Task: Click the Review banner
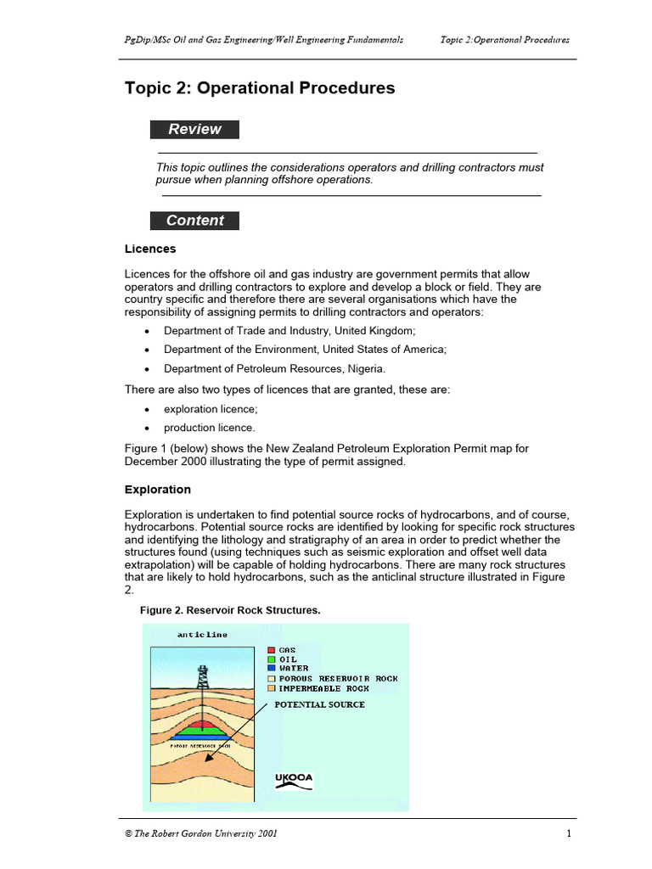pyautogui.click(x=194, y=130)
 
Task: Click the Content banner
pyautogui.click(x=194, y=221)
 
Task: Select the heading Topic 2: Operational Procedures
pyautogui.click(x=260, y=88)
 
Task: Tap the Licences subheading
pyautogui.click(x=150, y=249)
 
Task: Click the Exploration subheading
pyautogui.click(x=158, y=490)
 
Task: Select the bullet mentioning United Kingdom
pyautogui.click(x=289, y=330)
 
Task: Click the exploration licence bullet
pyautogui.click(x=211, y=409)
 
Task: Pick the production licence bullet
pyautogui.click(x=209, y=428)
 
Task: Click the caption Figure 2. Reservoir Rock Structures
pyautogui.click(x=229, y=611)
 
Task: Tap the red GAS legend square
pyautogui.click(x=272, y=650)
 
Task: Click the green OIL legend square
pyautogui.click(x=272, y=659)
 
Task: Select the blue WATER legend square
pyautogui.click(x=272, y=669)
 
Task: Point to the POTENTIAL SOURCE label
pyautogui.click(x=319, y=704)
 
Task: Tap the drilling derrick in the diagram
pyautogui.click(x=202, y=680)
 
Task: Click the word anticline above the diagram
pyautogui.click(x=202, y=635)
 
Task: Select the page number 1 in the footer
pyautogui.click(x=568, y=833)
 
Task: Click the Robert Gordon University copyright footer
pyautogui.click(x=200, y=833)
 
